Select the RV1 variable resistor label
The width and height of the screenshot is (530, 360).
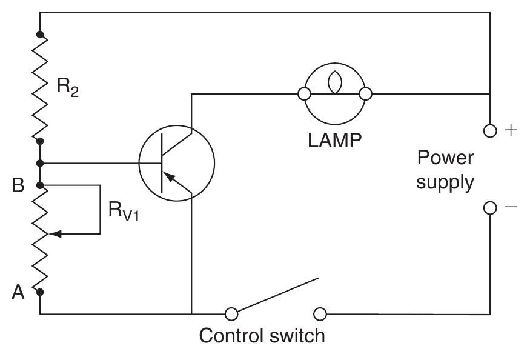click(124, 213)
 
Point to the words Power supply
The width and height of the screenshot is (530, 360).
click(446, 170)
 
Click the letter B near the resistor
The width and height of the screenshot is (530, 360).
click(18, 185)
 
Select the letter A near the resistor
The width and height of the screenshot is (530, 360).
click(18, 292)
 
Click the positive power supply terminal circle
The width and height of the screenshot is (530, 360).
click(491, 130)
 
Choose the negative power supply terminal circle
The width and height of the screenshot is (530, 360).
click(491, 208)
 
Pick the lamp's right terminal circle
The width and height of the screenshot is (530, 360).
click(365, 94)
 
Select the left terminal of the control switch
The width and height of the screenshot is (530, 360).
click(230, 314)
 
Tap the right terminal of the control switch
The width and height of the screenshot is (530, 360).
click(320, 314)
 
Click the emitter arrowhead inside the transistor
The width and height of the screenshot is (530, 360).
click(172, 176)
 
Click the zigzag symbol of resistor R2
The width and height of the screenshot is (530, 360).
click(40, 86)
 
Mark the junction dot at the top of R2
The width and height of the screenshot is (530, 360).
click(40, 33)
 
